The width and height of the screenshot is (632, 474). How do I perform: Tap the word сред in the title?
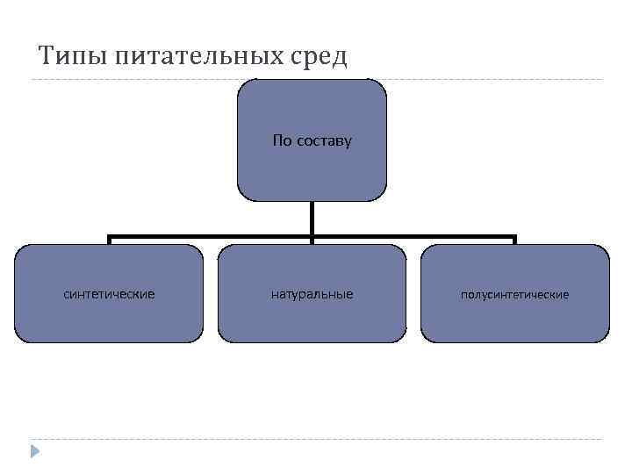coord(318,58)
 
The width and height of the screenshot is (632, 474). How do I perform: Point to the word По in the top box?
coord(281,140)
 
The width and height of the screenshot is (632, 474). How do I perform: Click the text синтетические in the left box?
coord(109,294)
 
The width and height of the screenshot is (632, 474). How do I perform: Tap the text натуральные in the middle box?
coord(312,294)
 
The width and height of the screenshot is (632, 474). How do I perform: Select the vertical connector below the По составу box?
coord(312,219)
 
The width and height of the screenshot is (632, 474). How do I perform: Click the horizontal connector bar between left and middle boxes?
coord(211,236)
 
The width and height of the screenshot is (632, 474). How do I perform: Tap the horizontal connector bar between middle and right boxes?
coord(413,236)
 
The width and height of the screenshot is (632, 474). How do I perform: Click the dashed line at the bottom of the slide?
coord(316,439)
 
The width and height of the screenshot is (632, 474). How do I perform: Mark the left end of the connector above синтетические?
coord(109,238)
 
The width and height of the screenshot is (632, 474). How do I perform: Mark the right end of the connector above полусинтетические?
coord(514,238)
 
